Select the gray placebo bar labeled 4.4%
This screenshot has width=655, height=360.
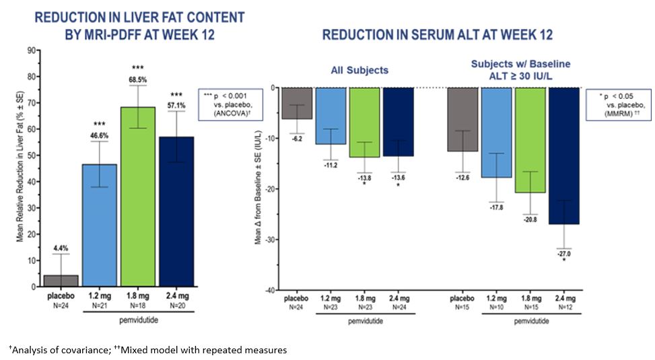tap(61, 281)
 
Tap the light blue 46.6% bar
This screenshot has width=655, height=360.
tap(99, 229)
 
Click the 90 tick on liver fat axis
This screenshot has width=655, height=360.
tap(30, 50)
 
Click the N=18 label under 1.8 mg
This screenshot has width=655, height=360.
tap(137, 305)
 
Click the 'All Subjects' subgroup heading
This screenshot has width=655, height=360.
tap(359, 70)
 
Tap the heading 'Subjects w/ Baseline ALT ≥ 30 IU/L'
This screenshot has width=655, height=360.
tap(520, 69)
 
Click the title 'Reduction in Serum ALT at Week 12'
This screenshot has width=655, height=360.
tap(437, 35)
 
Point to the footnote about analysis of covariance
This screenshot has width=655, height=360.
tap(147, 350)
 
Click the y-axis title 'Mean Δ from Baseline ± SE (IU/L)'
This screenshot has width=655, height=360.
tap(258, 188)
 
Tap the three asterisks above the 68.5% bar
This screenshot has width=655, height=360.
tap(137, 68)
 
